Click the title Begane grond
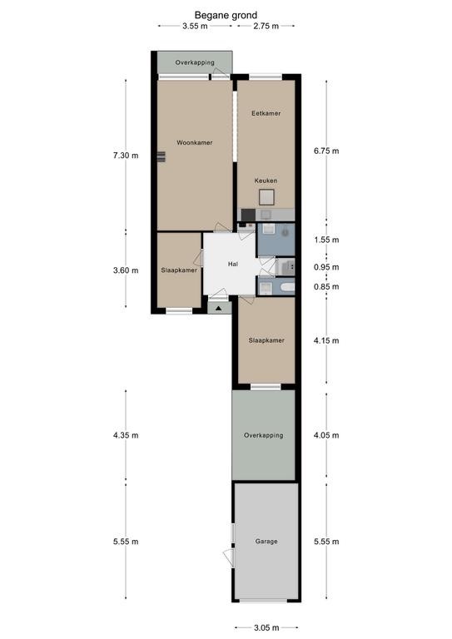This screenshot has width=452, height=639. pos(226,16)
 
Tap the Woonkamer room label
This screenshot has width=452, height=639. pos(195,142)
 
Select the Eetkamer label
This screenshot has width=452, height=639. pos(266,113)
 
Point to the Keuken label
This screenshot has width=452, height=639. pos(266,181)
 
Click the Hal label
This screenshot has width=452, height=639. pos(233,264)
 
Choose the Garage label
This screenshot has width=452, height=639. pos(266,541)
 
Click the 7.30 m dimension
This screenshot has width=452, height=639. pos(126,156)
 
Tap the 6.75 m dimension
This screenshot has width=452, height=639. pos(326,151)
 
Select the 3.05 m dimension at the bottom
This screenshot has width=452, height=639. pos(266,627)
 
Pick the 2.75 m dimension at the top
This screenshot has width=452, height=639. pos(266,26)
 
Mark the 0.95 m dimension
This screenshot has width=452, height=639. pos(326,267)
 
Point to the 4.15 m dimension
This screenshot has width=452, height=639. pos(326,340)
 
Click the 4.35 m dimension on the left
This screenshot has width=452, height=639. pos(126,435)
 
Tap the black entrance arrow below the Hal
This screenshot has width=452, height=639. pos(218,309)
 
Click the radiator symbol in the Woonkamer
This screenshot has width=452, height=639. pos(161,156)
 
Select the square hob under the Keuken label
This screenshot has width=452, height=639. pos(267,197)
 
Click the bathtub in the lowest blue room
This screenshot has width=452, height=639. pos(287,287)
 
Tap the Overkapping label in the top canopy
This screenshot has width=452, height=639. pos(195,62)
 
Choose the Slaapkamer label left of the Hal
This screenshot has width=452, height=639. pos(179,270)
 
